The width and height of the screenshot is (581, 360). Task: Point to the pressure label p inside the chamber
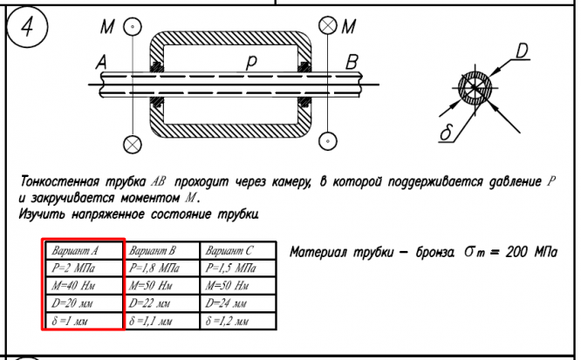(251, 62)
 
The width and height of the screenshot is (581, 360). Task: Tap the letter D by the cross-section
(522, 51)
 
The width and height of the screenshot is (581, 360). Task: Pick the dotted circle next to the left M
(132, 27)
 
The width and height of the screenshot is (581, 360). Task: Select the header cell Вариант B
(161, 250)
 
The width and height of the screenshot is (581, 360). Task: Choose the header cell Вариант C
(238, 250)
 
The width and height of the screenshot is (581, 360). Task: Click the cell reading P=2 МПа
(84, 268)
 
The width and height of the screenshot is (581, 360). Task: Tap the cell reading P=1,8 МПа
(161, 268)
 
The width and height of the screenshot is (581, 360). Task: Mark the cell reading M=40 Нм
(84, 285)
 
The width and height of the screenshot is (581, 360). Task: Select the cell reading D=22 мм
(161, 303)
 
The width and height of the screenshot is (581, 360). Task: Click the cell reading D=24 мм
(238, 303)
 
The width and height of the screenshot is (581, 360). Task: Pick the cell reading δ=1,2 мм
(238, 321)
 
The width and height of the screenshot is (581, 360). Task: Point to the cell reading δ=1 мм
(84, 321)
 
